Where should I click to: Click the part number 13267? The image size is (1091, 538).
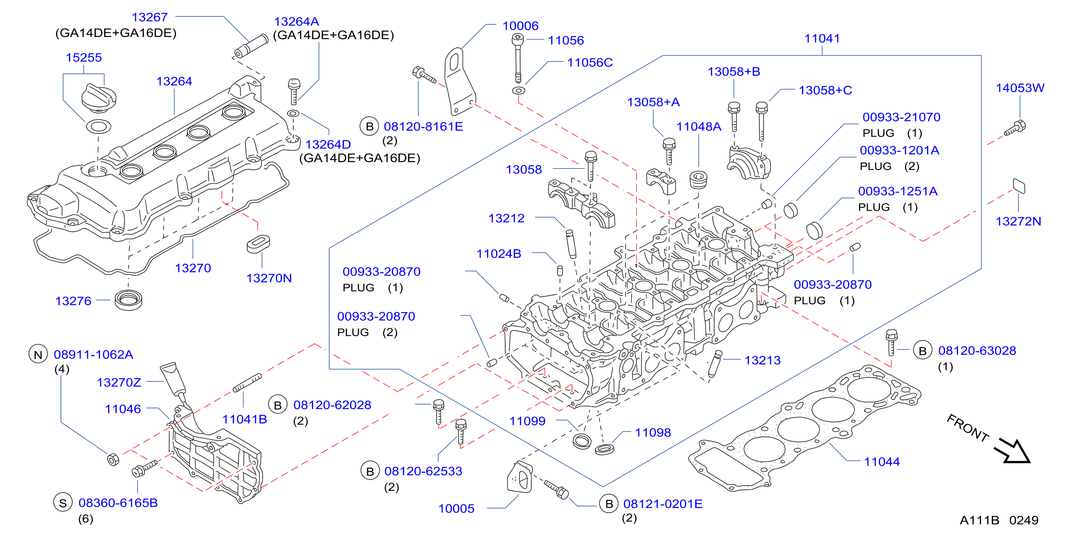[149, 17]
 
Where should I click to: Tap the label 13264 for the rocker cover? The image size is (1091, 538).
[174, 81]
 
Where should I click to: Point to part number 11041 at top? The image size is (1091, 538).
[822, 38]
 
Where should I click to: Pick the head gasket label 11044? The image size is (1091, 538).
[882, 462]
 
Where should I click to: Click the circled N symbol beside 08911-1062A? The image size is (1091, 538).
[38, 354]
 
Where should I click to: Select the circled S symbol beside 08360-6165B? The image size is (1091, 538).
[63, 502]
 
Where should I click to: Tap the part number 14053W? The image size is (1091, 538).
[1020, 88]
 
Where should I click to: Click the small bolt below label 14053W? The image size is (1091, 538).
[1016, 128]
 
